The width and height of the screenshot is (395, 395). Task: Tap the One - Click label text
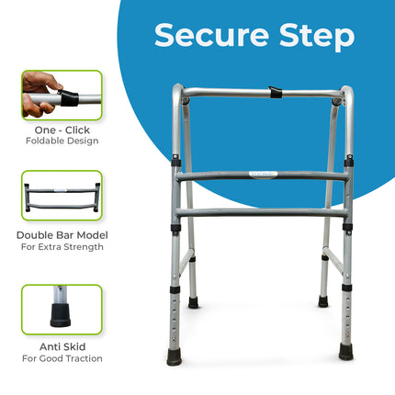[62, 130]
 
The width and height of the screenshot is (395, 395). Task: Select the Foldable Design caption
[62, 141]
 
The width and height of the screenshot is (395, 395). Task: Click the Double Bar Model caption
[62, 235]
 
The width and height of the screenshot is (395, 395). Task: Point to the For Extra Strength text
[62, 247]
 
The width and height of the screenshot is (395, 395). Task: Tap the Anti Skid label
[62, 346]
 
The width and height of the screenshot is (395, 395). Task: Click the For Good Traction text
[62, 358]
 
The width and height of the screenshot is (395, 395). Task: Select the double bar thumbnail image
[62, 195]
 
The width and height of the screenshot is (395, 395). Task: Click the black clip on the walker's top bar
[275, 93]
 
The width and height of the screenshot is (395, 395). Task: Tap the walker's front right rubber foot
[345, 352]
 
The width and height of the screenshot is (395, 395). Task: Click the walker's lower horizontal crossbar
[261, 211]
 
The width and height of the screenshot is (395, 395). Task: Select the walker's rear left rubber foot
[194, 302]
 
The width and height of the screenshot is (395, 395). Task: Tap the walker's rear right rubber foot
[323, 300]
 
